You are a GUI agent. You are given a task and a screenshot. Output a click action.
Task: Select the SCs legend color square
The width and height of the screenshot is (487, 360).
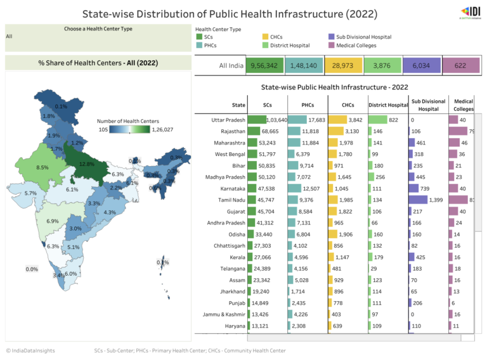[x=199, y=37]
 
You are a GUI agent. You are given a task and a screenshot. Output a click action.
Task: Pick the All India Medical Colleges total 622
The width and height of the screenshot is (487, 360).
[x=460, y=65]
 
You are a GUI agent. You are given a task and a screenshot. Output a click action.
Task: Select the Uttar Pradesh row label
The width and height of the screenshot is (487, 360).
[x=228, y=120]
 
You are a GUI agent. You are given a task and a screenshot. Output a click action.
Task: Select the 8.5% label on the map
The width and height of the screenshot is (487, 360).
[x=42, y=167]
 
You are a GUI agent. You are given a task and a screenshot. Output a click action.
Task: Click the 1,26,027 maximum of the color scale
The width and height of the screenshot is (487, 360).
[x=162, y=129]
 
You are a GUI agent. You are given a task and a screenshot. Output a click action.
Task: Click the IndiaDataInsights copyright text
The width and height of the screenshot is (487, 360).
[x=30, y=350]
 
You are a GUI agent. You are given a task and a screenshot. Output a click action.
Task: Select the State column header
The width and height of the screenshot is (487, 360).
[x=238, y=105]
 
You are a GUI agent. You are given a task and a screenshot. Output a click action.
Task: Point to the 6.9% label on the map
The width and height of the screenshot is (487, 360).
[x=53, y=221]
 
